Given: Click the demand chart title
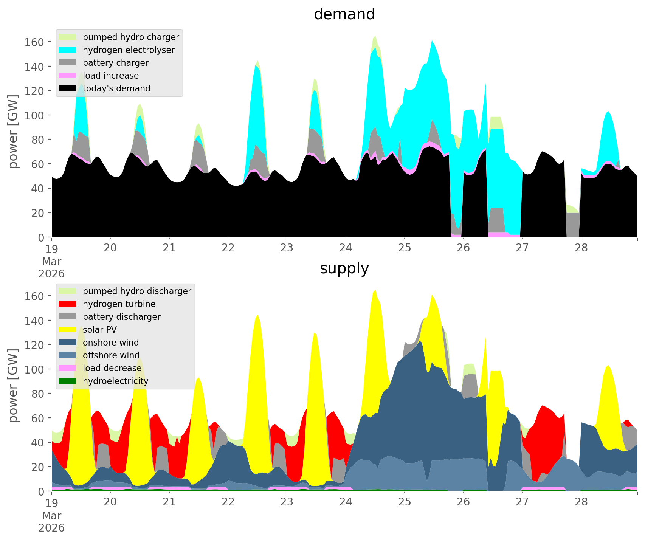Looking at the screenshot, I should click(344, 14).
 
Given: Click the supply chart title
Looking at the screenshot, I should click(344, 268).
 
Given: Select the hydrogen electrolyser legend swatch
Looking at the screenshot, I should click(68, 50).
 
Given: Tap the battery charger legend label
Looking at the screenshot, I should click(115, 63).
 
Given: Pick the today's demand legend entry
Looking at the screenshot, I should click(116, 88).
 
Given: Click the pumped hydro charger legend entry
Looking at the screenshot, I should click(130, 37).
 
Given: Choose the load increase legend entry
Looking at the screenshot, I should click(110, 76).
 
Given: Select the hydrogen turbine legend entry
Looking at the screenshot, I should click(119, 304).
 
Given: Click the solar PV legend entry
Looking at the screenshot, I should click(100, 330).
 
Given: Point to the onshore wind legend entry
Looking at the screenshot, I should click(111, 343).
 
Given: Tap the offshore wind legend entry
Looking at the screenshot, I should click(111, 355).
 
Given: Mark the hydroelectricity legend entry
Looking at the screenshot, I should click(115, 381).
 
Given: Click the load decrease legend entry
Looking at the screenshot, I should click(112, 368).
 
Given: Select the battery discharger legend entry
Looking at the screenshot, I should click(121, 317).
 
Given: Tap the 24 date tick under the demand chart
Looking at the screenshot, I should click(346, 248).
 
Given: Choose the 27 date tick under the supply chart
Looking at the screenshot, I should click(522, 502).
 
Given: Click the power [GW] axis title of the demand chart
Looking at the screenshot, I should click(13, 132).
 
